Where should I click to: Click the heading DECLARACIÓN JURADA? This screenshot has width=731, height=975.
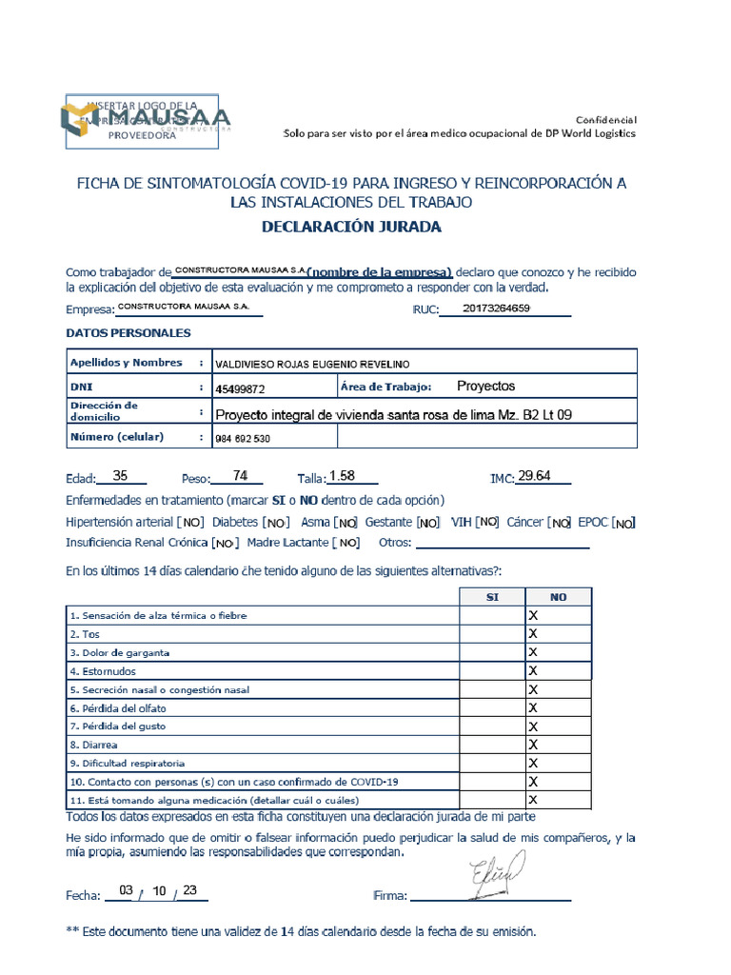coord(351,227)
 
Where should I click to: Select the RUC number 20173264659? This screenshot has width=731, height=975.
coord(496,308)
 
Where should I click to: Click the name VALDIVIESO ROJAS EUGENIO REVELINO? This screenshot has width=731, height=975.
coord(315,364)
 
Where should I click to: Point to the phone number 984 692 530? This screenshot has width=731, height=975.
coord(243,439)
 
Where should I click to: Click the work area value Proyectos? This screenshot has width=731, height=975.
coord(485,386)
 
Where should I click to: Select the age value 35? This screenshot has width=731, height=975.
coord(120,475)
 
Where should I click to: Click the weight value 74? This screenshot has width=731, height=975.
coord(240,475)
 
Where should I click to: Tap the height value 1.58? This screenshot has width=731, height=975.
coord(342,476)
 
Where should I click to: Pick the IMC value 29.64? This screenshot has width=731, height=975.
coord(534,476)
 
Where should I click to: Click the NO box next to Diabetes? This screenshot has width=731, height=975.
coord(276,523)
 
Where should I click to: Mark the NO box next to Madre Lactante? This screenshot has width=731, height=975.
coord(347,543)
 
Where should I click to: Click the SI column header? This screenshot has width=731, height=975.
coord(492,597)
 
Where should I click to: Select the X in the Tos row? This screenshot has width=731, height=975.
coord(533,634)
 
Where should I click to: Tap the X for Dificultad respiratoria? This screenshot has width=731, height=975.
coord(533,764)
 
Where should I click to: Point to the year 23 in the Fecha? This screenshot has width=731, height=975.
coord(189,891)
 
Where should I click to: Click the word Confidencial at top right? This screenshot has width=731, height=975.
coord(605,119)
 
